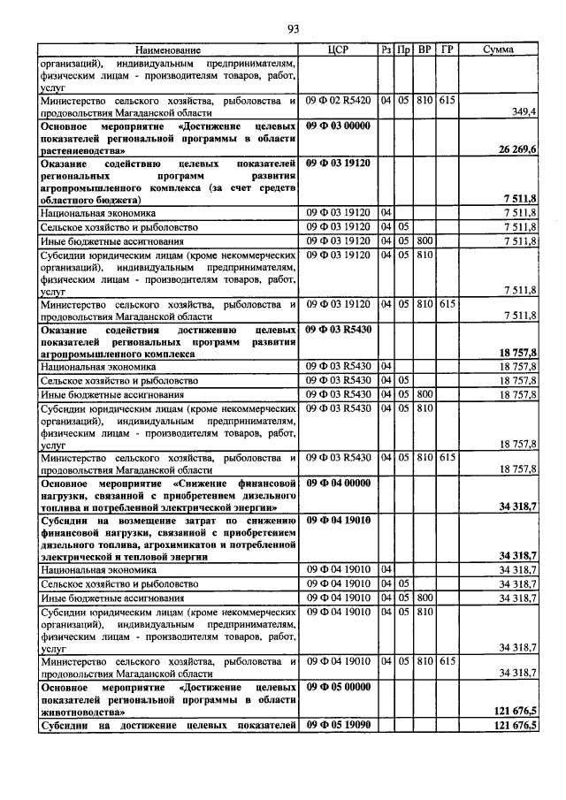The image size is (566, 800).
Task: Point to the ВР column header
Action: (424, 50)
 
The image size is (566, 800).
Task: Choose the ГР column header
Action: (447, 50)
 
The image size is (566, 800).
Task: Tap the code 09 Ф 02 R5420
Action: (339, 101)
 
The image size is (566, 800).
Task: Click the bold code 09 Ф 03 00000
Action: (337, 126)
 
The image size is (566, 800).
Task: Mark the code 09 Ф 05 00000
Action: (337, 686)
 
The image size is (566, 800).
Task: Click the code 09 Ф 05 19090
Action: (337, 725)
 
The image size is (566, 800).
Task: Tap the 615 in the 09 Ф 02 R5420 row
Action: (447, 101)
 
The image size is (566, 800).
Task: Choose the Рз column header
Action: (386, 50)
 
